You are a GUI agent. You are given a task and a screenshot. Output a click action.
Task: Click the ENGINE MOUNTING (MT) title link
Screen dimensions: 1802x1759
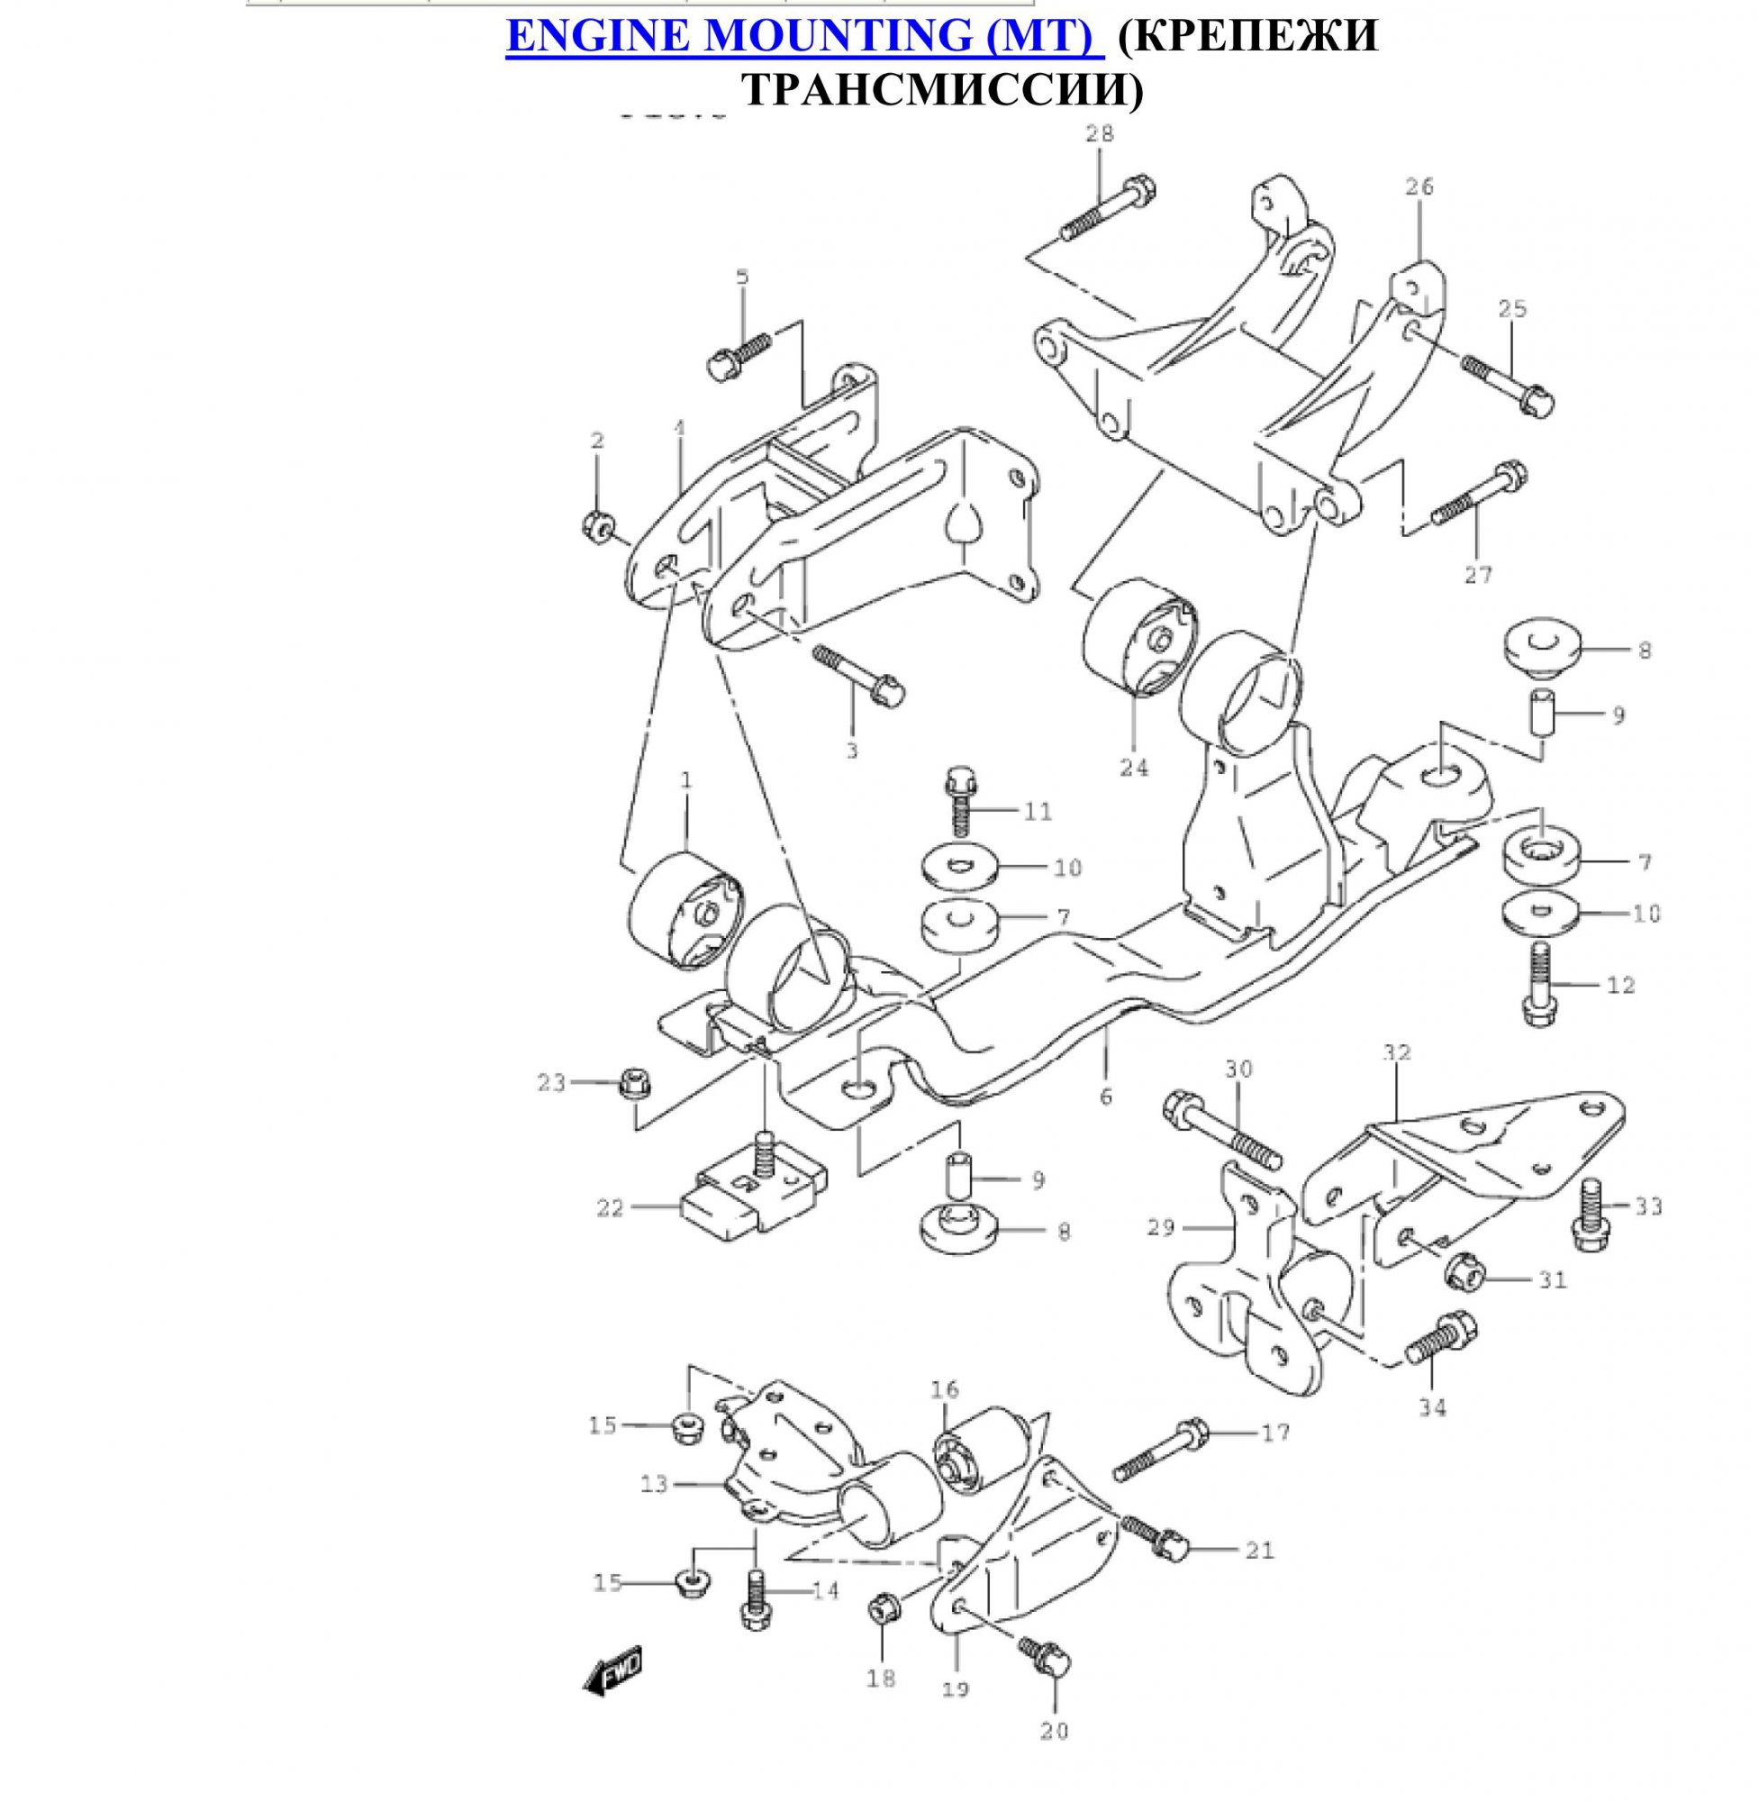(x=803, y=37)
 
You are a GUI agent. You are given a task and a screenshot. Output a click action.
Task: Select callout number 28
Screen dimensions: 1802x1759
(x=1100, y=134)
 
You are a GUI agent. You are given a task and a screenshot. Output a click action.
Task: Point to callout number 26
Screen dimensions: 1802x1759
(x=1420, y=187)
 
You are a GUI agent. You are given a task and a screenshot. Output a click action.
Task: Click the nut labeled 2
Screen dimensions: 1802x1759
(x=598, y=526)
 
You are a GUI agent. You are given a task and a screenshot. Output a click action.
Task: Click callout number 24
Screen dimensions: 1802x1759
(x=1134, y=767)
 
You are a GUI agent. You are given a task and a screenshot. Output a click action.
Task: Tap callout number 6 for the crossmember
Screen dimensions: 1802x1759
(x=1106, y=1097)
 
